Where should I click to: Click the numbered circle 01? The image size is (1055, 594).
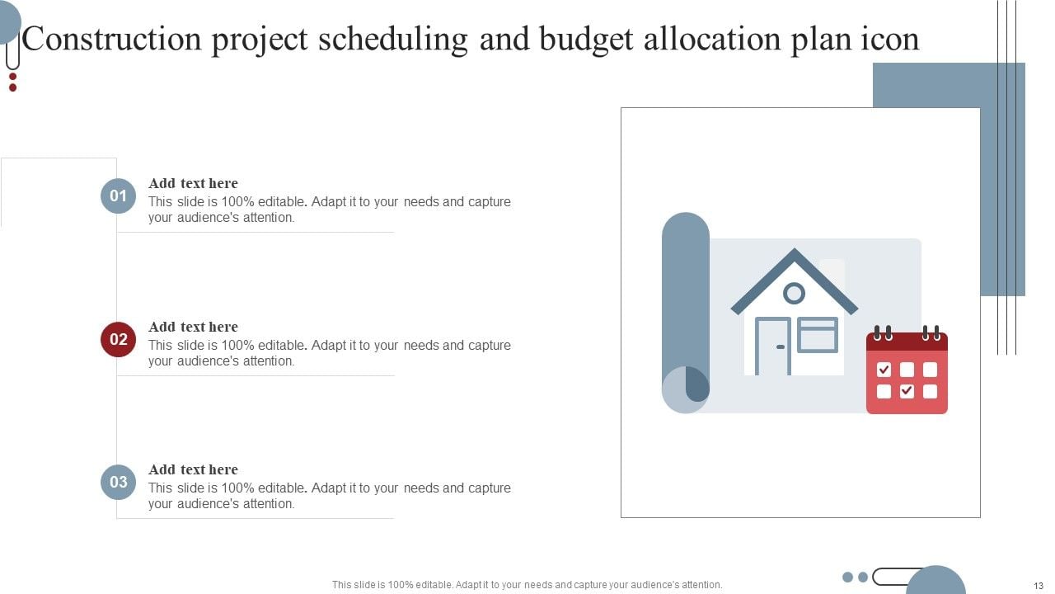coord(118,196)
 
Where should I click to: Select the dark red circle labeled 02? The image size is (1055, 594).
coord(118,339)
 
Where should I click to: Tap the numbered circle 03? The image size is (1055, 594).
coord(118,482)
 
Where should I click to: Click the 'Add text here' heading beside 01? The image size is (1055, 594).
coord(193,183)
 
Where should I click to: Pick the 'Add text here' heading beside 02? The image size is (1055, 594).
coord(193,327)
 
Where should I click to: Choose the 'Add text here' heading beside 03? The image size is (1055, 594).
coord(193,469)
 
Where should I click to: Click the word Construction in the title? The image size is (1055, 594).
coord(112,39)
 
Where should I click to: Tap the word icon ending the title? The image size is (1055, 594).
coord(889,39)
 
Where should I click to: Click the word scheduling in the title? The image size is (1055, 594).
coord(392,39)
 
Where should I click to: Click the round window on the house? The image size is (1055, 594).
coord(794,293)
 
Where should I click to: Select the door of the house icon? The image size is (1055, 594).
coord(773,346)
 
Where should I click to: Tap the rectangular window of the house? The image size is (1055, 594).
coord(817,335)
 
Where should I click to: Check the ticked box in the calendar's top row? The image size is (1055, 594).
coord(884,370)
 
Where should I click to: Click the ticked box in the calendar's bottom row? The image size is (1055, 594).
coord(907,391)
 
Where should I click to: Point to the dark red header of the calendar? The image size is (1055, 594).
coord(907,342)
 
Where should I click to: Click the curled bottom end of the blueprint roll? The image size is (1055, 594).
coord(686,389)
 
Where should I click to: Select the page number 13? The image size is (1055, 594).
coord(1038,586)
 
